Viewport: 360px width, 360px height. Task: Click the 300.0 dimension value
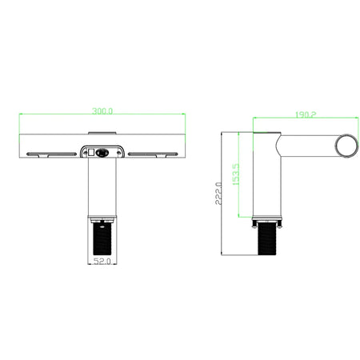[x=102, y=110]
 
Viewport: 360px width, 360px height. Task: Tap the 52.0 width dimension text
[x=102, y=261]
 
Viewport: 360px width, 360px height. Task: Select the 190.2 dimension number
[x=306, y=114]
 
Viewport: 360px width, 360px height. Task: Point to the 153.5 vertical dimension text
[x=236, y=174]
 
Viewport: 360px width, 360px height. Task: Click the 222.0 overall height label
[x=218, y=194]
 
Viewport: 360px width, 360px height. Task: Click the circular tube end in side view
[x=346, y=146]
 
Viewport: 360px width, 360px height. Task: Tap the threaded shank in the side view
[x=267, y=238]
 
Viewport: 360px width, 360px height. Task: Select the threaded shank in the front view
[x=102, y=238]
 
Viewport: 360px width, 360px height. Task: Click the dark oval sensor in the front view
[x=102, y=153]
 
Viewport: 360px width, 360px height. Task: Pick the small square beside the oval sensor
[x=91, y=153]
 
